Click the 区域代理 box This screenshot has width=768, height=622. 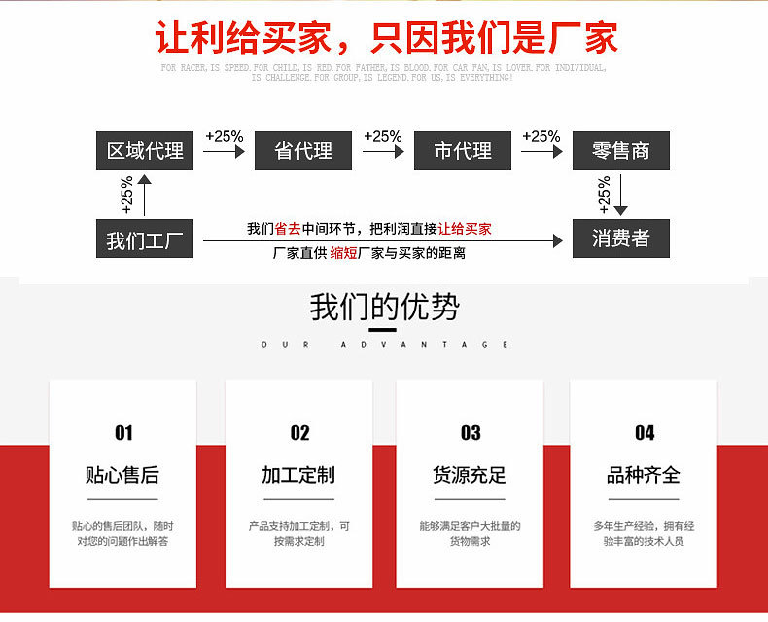145,151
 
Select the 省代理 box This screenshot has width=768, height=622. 303,151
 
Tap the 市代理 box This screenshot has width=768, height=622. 463,151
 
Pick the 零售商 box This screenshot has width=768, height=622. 620,151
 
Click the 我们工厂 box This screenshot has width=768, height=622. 145,239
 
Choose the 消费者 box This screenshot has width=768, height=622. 620,239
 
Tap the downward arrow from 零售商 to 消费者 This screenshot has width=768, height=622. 621,195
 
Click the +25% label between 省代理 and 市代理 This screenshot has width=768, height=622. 383,136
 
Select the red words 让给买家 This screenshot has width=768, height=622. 465,230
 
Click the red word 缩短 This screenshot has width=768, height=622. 343,253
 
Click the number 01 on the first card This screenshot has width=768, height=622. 123,433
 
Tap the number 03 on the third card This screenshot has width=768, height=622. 471,433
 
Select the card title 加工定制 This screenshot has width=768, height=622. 298,475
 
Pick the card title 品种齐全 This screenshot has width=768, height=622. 644,475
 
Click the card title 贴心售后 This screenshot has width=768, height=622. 122,475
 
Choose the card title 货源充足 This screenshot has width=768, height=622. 470,475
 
